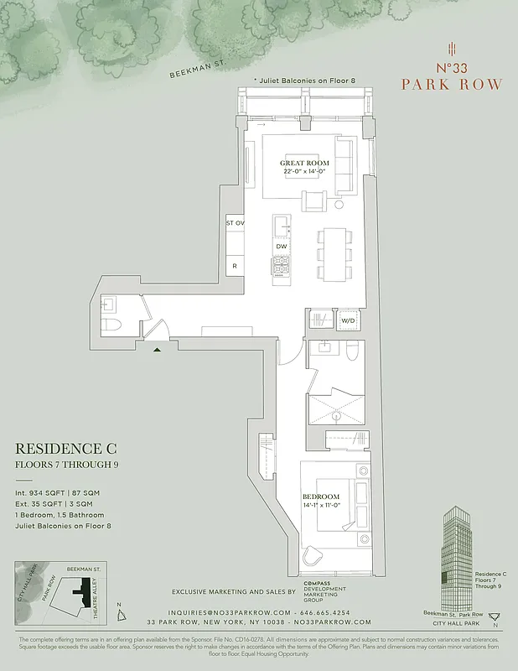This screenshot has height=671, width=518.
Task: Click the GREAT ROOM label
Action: pos(305,163)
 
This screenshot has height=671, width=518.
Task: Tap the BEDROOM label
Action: pos(322,497)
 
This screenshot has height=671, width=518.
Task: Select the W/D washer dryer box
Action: pos(347,320)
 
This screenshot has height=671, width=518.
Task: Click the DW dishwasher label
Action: pos(281,247)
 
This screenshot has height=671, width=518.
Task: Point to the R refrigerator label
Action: pos(235,266)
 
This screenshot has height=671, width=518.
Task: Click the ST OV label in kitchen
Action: pos(235,223)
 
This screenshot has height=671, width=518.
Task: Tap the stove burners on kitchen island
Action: pos(281,267)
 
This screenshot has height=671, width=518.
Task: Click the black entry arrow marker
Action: pos(156,350)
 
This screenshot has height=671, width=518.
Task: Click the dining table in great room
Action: pos(334,254)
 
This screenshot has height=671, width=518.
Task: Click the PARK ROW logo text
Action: pos(452,84)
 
